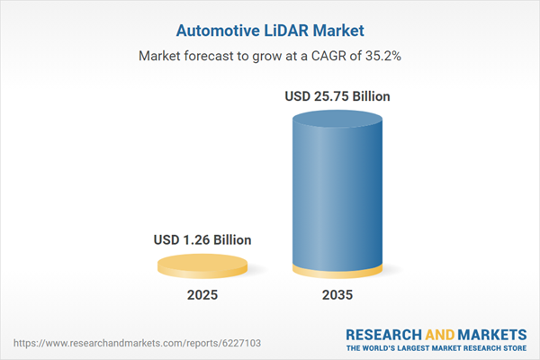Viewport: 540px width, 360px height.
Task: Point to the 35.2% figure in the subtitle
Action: pyautogui.click(x=381, y=56)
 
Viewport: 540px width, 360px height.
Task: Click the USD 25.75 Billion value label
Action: pyautogui.click(x=338, y=95)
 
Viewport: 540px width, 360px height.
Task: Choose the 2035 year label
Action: pyautogui.click(x=338, y=295)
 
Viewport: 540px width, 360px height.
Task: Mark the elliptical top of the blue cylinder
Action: pyautogui.click(x=338, y=118)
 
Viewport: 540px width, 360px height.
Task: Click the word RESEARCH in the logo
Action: pyautogui.click(x=384, y=334)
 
